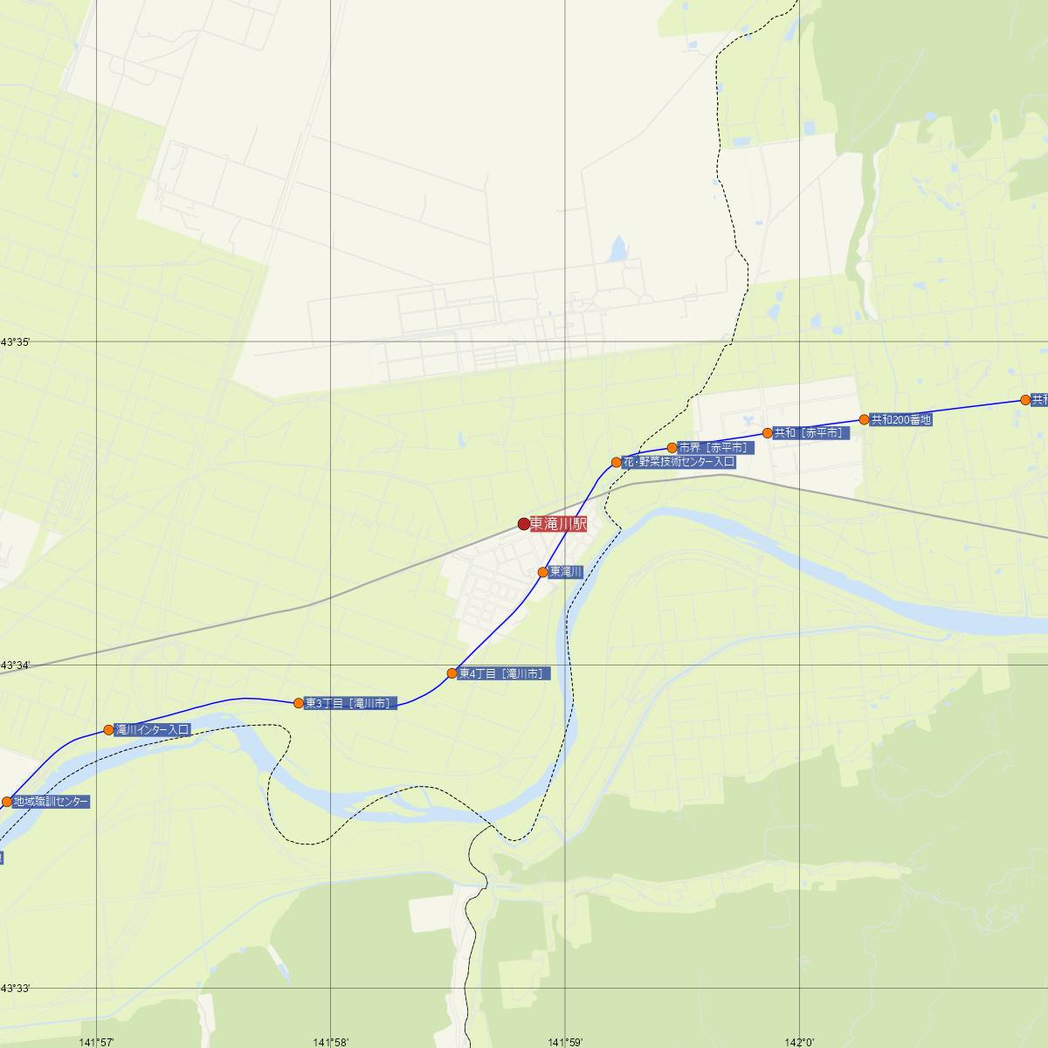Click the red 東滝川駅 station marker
coord(524,524)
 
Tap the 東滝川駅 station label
coord(558,524)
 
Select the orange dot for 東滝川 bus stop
coord(543,572)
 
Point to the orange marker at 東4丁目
coord(452,673)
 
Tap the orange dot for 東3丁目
coord(299,703)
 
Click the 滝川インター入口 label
coord(153,730)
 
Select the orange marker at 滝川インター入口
coord(109,730)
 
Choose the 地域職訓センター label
coord(51,801)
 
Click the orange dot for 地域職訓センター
coord(7,802)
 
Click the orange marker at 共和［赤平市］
coord(768,433)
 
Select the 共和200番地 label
coord(901,419)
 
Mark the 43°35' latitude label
coord(15,342)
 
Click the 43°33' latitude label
coord(15,989)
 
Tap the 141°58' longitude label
coord(331,1041)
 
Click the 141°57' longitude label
coord(96,1041)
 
